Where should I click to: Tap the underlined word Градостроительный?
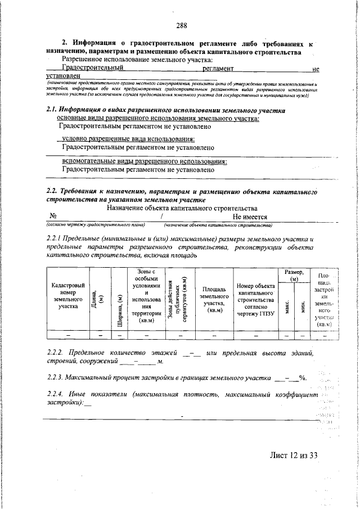pos(93,68)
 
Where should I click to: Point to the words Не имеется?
pos(250,217)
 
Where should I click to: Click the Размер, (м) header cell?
pos(294,275)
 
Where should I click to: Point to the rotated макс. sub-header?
pos(287,307)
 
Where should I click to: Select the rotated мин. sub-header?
pos(302,307)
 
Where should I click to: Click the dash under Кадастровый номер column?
pos(68,335)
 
